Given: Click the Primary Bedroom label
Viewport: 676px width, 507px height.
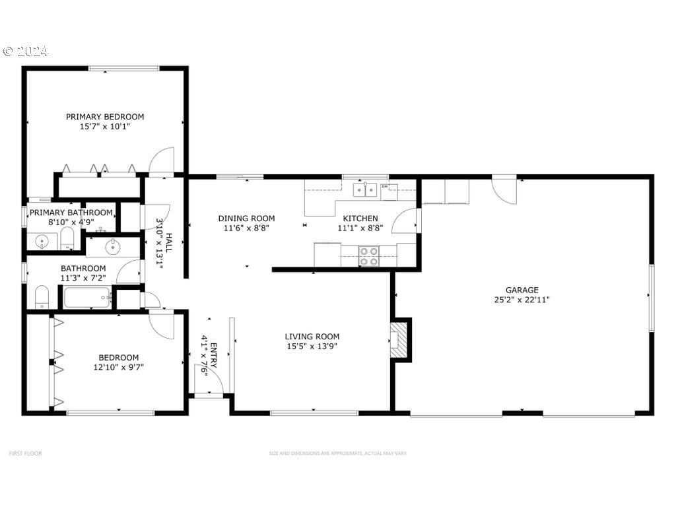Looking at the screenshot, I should [x=105, y=117].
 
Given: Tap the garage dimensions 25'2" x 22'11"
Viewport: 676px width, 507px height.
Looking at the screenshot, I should [x=522, y=299].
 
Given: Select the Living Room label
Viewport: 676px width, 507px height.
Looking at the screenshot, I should [x=312, y=336].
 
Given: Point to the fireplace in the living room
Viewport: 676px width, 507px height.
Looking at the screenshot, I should [x=399, y=339].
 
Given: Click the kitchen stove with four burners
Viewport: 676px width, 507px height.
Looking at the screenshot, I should [x=368, y=256].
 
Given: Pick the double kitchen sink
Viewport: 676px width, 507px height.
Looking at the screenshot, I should [x=364, y=190].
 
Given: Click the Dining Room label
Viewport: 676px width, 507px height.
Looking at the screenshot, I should [x=246, y=219].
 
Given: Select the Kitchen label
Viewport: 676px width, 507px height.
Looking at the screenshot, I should [x=360, y=219].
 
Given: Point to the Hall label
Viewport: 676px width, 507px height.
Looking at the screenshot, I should [x=168, y=242].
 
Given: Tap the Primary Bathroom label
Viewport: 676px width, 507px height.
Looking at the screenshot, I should [x=71, y=213].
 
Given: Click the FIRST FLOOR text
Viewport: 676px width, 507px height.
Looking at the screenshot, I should [x=25, y=454].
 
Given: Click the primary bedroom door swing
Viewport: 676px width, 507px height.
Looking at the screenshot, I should [x=162, y=161].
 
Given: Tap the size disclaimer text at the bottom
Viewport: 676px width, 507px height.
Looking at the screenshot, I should [x=337, y=454].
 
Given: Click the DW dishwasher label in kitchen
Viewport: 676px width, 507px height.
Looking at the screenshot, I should [x=385, y=187].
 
